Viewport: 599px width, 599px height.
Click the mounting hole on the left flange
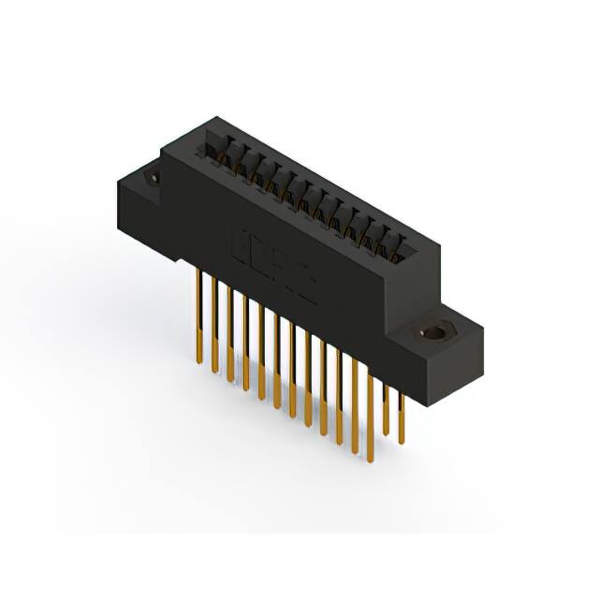coord(151,177)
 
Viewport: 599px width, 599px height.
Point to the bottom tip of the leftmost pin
coord(199,360)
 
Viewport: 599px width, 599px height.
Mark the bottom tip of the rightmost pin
coord(402,443)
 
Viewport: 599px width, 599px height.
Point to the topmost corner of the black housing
coord(217,117)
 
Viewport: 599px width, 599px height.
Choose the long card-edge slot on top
coord(309,197)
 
